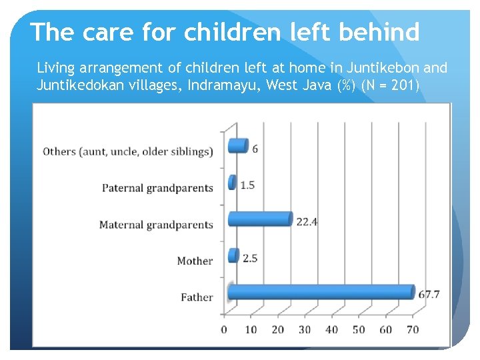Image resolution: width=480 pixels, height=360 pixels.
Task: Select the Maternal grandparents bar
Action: [x=260, y=219]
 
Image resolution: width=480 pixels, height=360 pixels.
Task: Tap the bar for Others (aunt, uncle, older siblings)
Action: [x=238, y=145]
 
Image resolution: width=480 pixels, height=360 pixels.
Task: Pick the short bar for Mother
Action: [x=233, y=255]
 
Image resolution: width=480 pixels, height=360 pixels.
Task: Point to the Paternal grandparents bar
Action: [x=232, y=182]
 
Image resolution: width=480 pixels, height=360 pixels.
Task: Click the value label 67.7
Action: [x=429, y=294]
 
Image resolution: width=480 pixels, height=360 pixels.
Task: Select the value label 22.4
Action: [x=307, y=221]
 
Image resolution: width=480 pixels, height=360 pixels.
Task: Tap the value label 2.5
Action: [x=250, y=258]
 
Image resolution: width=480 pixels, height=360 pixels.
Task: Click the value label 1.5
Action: [x=247, y=185]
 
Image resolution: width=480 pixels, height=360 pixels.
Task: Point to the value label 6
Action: [x=255, y=148]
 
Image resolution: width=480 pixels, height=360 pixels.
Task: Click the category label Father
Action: [x=197, y=297]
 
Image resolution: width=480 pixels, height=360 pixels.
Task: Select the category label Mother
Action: [x=195, y=261]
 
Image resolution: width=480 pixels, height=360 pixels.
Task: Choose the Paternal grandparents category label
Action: [x=157, y=188]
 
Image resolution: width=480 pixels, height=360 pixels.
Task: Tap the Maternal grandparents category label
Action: [x=156, y=225]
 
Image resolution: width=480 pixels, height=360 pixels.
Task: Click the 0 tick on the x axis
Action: [x=224, y=329]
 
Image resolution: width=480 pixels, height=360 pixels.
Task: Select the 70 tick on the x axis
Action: [x=413, y=329]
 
